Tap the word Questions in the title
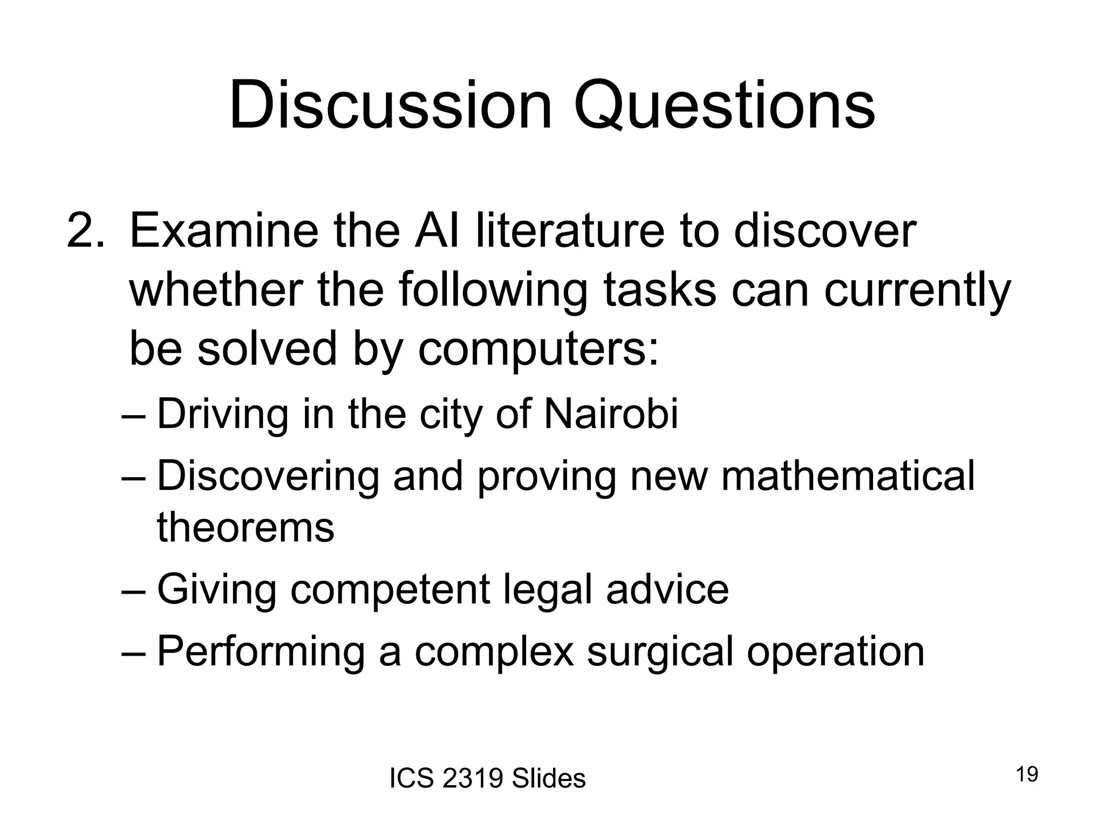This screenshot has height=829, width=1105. pos(724,106)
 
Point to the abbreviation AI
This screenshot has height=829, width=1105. pos(436,232)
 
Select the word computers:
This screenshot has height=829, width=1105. pos(538,349)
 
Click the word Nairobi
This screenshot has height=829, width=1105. pos(611,414)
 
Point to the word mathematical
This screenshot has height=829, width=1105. pos(848,476)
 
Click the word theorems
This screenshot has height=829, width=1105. pos(245,527)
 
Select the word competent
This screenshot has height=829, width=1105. pos(390,590)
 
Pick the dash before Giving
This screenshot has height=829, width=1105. pos(133,590)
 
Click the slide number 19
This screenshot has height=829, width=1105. pos(1027,774)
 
